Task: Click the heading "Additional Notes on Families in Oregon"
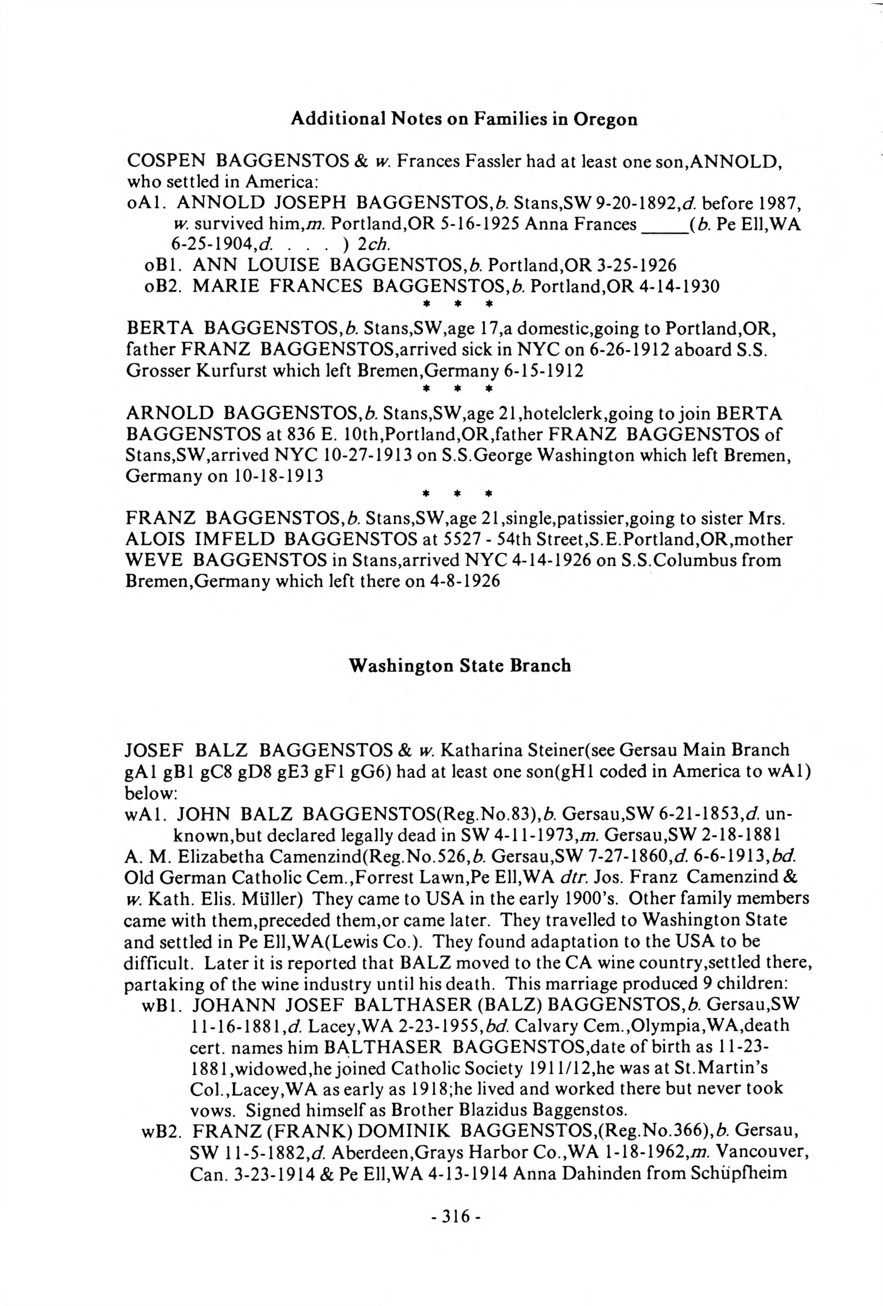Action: [x=464, y=119]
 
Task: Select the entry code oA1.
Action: [x=146, y=202]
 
